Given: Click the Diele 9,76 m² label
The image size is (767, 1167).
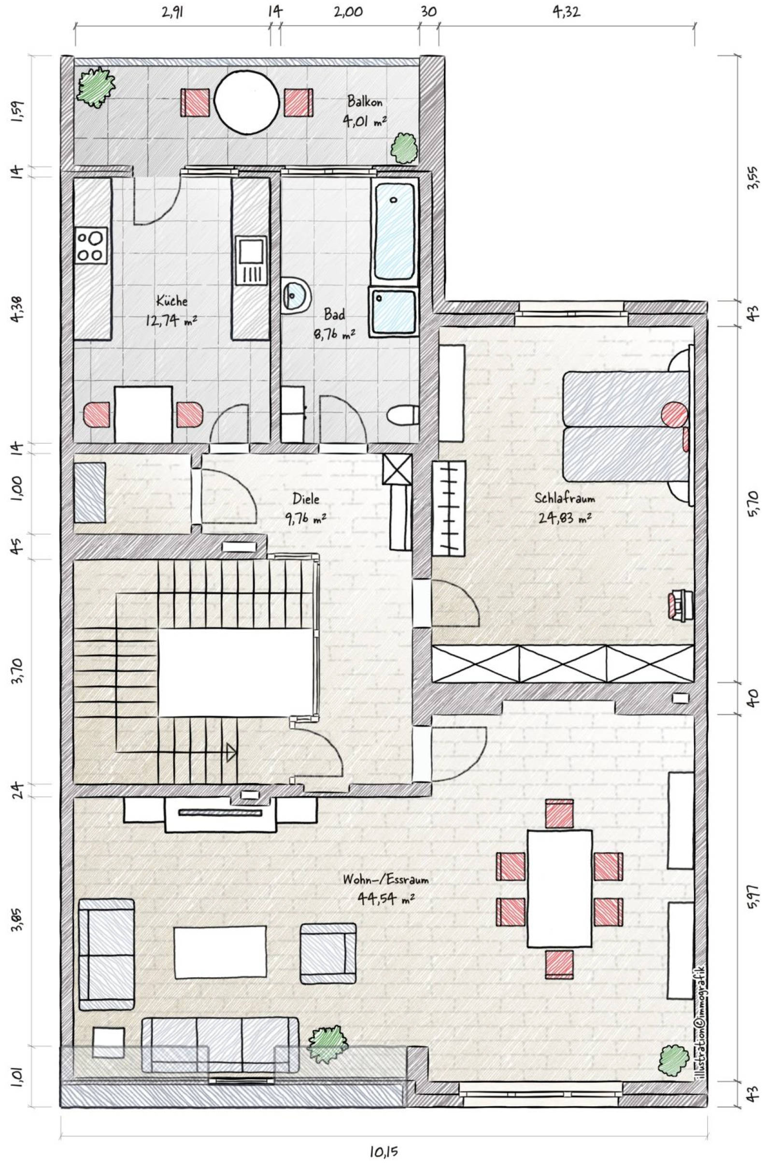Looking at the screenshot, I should click(306, 508).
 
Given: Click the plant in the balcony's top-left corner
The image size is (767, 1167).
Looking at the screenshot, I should click(97, 87).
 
